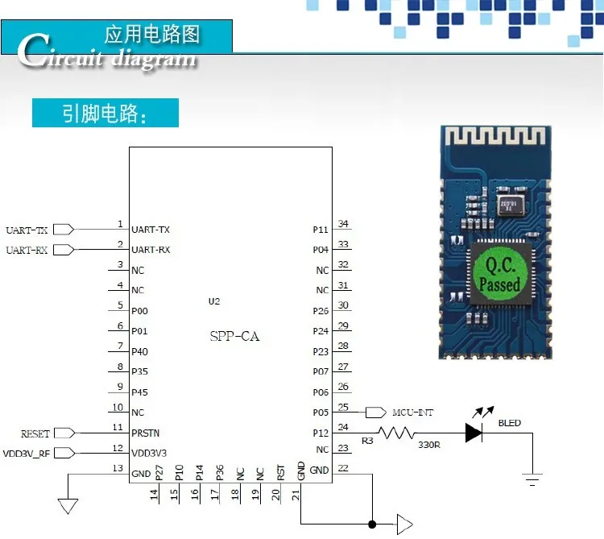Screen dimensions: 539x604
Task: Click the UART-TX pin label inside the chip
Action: pos(151,230)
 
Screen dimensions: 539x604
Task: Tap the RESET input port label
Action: pos(35,433)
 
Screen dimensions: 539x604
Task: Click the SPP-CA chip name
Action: pos(234,336)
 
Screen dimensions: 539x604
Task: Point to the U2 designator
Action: pos(213,301)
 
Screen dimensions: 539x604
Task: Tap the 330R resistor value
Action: pos(428,444)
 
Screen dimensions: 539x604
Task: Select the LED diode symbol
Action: pos(474,433)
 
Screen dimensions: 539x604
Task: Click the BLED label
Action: pos(509,423)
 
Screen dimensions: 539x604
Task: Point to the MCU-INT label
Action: pos(412,413)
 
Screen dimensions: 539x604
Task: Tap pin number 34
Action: pos(343,224)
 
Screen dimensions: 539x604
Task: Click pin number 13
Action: pos(118,468)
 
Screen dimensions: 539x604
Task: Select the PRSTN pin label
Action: pos(145,433)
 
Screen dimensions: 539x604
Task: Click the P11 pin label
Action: pos(321,230)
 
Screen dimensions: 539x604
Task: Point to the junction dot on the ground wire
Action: pos(372,524)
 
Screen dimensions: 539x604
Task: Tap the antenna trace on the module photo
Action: pos(495,145)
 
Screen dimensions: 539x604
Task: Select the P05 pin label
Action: pos(321,413)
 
